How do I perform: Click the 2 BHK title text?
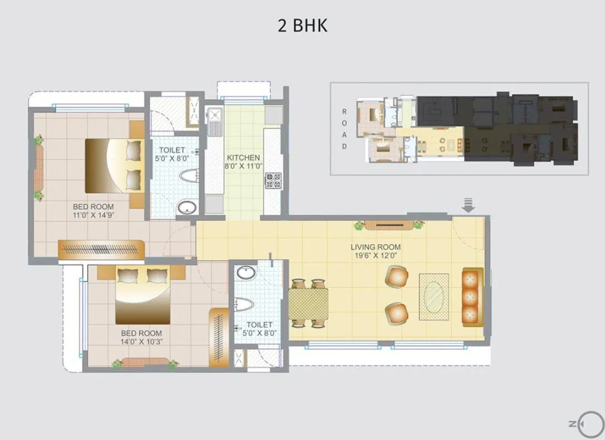click(302, 26)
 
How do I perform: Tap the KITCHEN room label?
click(243, 158)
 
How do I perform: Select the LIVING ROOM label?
click(375, 247)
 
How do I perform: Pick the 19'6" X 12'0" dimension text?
click(375, 256)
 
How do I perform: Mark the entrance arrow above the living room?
click(469, 205)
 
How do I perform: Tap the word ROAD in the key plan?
click(344, 128)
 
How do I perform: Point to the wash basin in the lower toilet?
click(245, 272)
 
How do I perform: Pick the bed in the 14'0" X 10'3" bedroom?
click(143, 295)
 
